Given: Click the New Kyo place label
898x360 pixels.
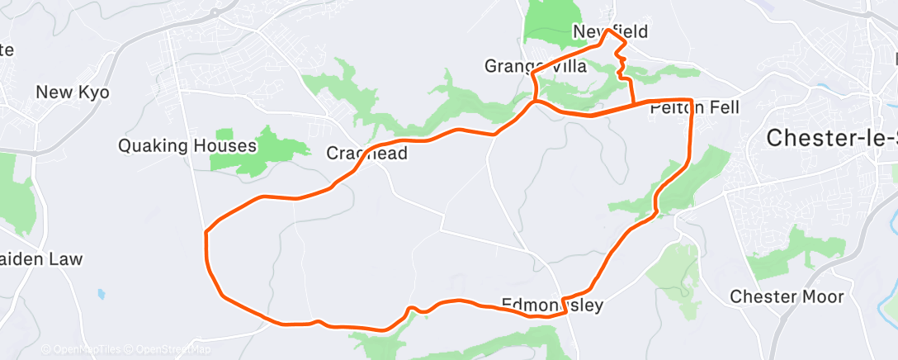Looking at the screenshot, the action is pyautogui.click(x=73, y=92).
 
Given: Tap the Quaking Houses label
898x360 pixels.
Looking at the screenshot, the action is pyautogui.click(x=187, y=146).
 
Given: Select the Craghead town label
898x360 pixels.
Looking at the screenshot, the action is pyautogui.click(x=367, y=154).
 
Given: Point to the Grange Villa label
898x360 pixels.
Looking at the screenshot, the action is pyautogui.click(x=536, y=67).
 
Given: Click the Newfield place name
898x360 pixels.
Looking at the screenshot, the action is pyautogui.click(x=610, y=32).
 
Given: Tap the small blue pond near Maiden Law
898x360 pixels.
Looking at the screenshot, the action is pyautogui.click(x=100, y=293).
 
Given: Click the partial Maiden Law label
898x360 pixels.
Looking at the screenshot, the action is pyautogui.click(x=41, y=259).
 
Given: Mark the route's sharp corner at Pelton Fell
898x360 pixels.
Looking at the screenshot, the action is pyautogui.click(x=690, y=100).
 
